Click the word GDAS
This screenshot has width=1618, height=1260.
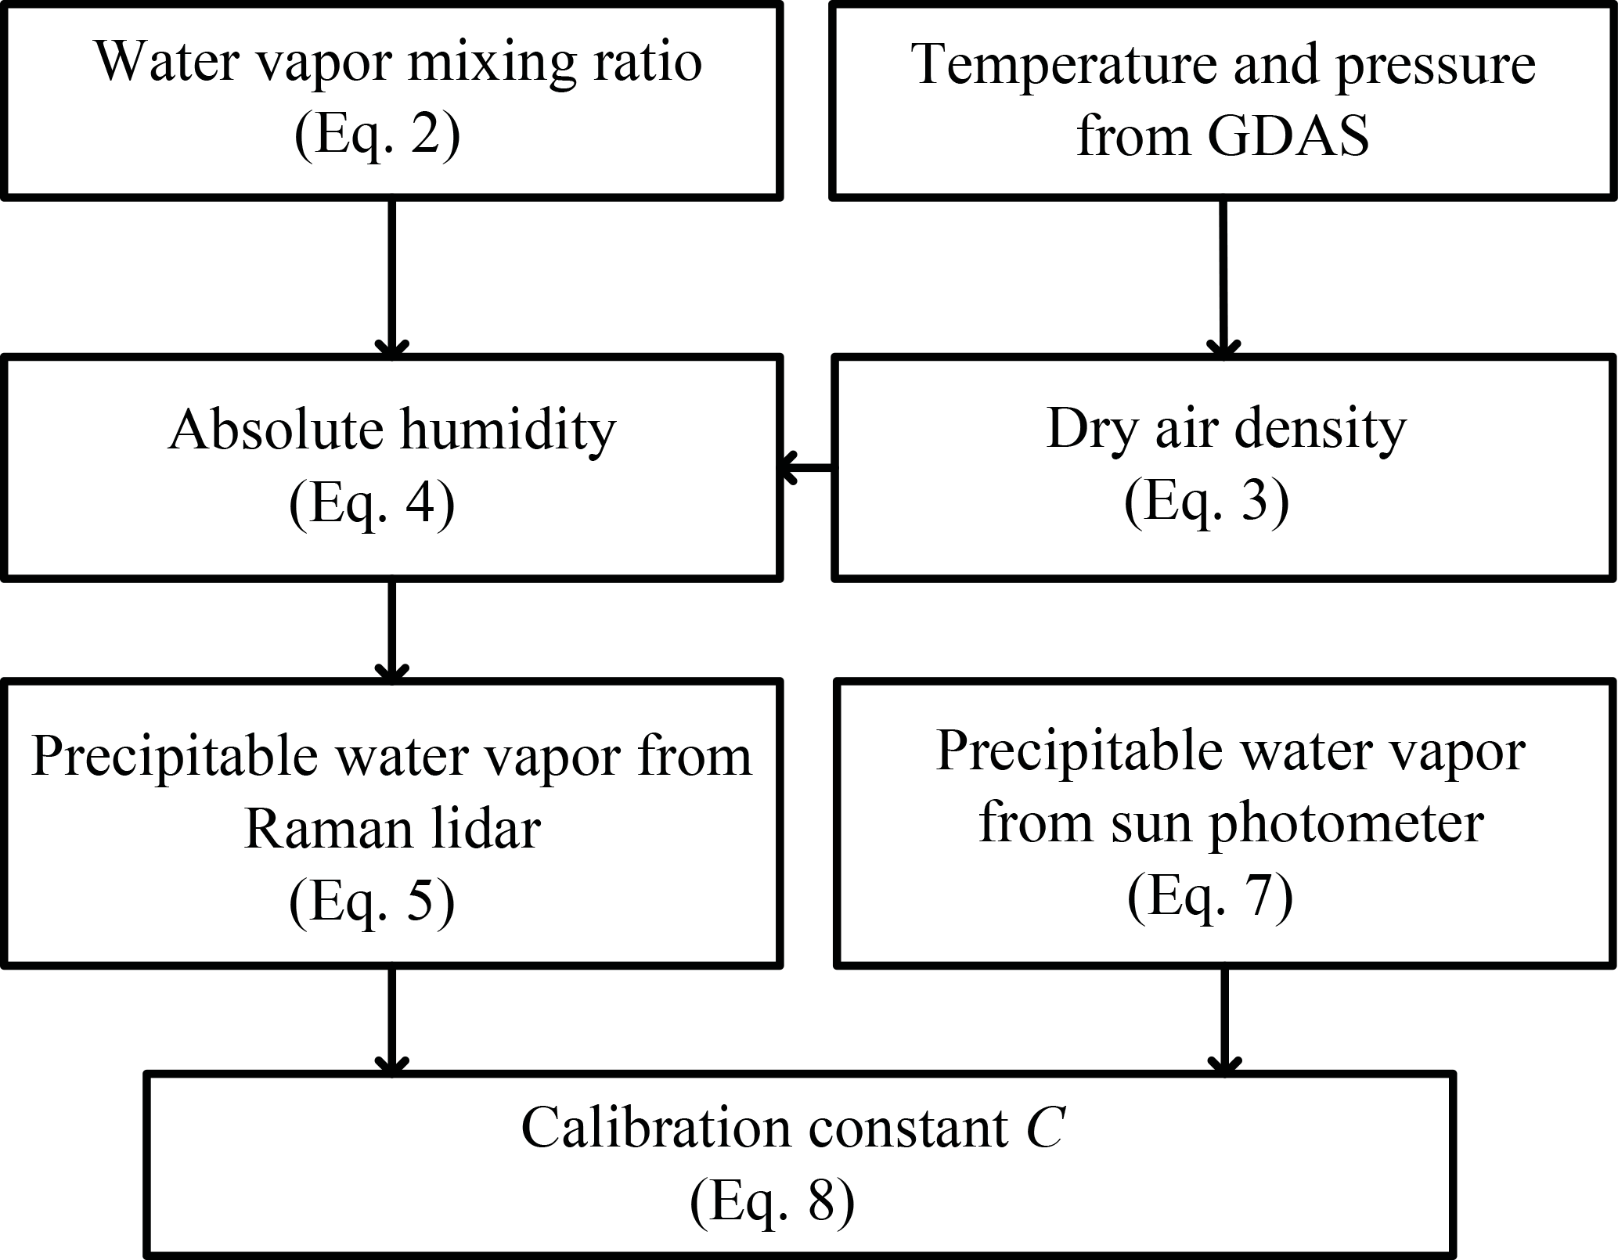(x=1288, y=136)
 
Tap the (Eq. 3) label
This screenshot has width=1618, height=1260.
(x=1206, y=501)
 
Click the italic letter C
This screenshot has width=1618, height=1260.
(x=1044, y=1128)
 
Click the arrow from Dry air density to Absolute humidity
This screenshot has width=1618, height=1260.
(x=806, y=468)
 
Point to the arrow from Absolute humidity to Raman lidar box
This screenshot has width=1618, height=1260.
(x=391, y=630)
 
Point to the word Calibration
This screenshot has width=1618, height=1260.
(x=656, y=1128)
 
